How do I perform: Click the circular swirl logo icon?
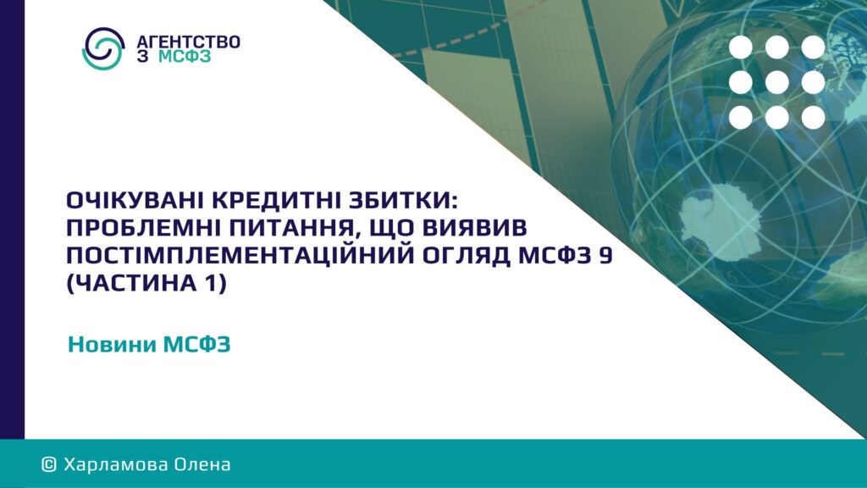tap(102, 48)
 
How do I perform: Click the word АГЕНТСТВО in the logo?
tap(189, 42)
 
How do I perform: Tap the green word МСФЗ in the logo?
tap(185, 57)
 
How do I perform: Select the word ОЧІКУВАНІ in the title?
tap(136, 200)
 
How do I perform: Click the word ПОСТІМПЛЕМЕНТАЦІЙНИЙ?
tap(241, 255)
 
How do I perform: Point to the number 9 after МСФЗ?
tap(605, 256)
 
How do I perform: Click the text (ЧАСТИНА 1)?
tap(146, 283)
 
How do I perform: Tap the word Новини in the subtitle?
tap(112, 345)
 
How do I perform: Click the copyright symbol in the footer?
tap(49, 464)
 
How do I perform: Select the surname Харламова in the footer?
tap(116, 464)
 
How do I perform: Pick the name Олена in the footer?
tap(202, 464)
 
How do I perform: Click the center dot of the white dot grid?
tap(777, 82)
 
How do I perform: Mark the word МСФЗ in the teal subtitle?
tap(196, 345)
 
